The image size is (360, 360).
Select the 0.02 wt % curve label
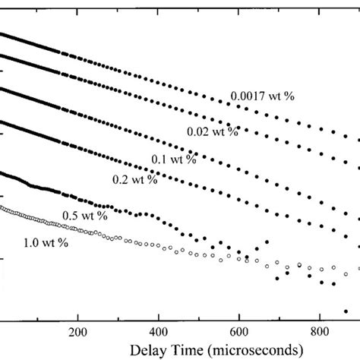[x=213, y=131]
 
